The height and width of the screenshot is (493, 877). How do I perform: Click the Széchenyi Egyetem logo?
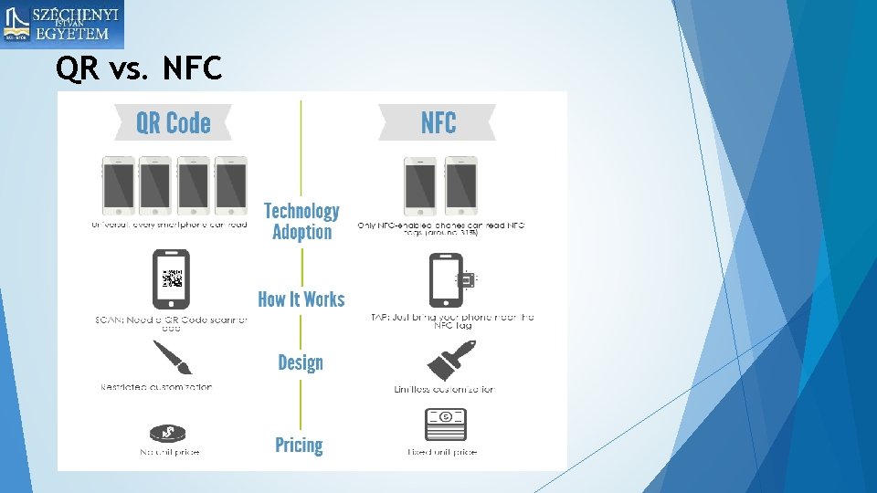62,25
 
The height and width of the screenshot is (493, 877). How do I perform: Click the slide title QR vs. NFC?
139,68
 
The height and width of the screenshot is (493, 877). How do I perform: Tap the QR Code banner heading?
173,123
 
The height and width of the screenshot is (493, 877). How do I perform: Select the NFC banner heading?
438,123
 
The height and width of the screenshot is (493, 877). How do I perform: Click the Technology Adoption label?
301,222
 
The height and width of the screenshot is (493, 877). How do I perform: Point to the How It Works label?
301,299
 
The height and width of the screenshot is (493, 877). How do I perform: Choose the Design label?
301,362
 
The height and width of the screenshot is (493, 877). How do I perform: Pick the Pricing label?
300,446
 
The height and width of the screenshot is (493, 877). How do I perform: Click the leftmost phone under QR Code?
119,185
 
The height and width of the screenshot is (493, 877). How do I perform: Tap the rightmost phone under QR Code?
230,185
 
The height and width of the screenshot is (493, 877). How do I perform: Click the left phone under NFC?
420,185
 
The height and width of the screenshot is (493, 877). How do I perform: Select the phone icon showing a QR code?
171,279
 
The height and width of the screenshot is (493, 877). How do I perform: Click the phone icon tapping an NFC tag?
449,280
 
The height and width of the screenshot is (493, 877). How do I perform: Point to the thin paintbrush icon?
171,358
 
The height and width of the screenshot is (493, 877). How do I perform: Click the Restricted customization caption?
156,387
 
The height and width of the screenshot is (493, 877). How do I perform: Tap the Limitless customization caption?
444,390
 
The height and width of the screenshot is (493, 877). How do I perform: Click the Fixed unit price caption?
442,452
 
